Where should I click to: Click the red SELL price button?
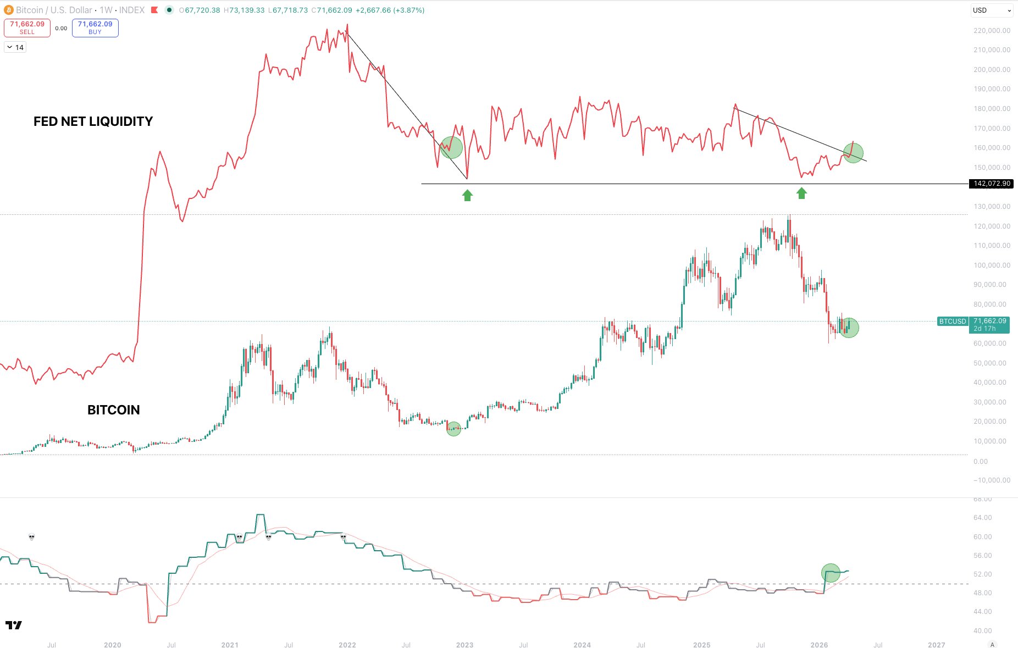[27, 28]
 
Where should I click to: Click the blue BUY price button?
[95, 28]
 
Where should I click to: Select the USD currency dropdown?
[992, 10]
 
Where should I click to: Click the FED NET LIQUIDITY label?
[93, 121]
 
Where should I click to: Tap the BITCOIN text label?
[113, 410]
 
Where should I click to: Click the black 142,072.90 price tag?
[991, 184]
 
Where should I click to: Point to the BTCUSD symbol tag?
[952, 322]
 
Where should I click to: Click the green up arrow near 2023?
[467, 195]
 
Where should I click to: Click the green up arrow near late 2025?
[801, 193]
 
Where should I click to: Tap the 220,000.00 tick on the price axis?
[992, 31]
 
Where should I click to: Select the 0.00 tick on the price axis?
[981, 462]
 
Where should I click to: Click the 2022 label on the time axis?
[347, 645]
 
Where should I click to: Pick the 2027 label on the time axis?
[936, 645]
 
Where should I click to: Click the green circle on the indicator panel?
[831, 573]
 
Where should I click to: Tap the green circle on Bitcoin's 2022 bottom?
[453, 429]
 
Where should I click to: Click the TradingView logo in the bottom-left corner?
[14, 625]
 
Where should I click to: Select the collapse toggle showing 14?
[15, 47]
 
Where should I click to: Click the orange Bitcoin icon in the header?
[8, 10]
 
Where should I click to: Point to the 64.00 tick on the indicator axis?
[982, 518]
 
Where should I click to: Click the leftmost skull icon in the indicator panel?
[31, 537]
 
